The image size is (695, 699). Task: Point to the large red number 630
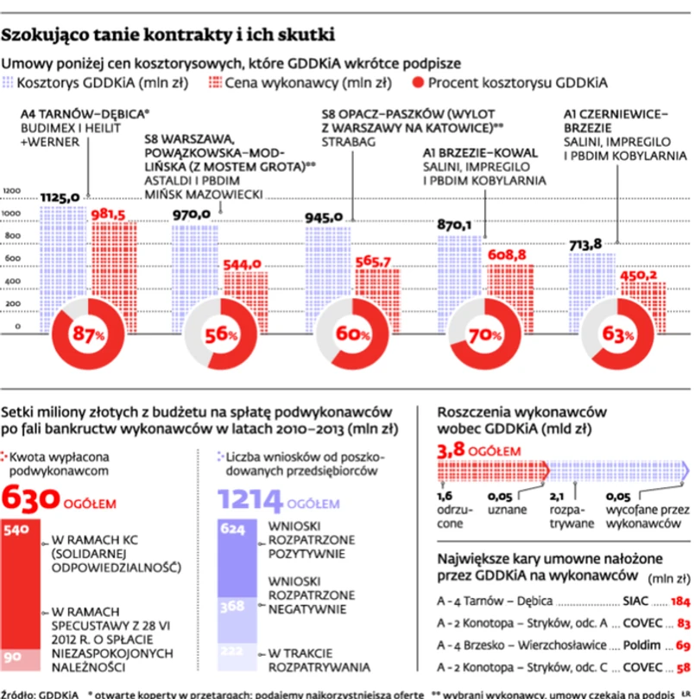point(32,499)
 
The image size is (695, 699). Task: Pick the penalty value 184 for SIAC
point(680,600)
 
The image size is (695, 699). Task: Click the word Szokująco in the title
point(49,35)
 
